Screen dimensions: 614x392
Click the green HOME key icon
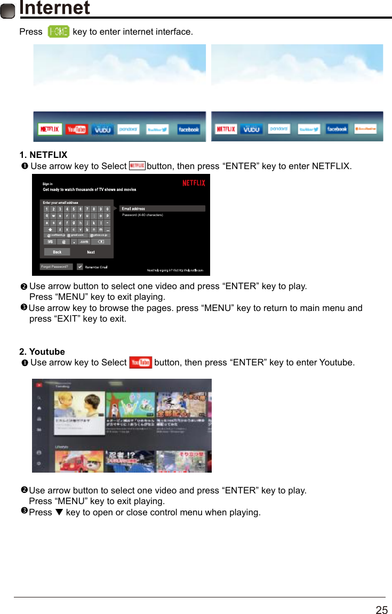pyautogui.click(x=58, y=32)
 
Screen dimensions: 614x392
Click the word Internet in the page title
pyautogui.click(x=54, y=9)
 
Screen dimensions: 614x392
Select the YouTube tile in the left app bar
pyautogui.click(x=76, y=130)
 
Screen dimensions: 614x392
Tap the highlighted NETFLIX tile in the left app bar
pyautogui.click(x=50, y=130)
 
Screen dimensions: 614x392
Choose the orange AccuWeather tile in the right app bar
pyautogui.click(x=367, y=129)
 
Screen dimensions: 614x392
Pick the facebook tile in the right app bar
pyautogui.click(x=337, y=129)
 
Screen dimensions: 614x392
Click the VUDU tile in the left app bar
pyautogui.click(x=102, y=130)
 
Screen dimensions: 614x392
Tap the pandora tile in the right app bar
pyautogui.click(x=278, y=129)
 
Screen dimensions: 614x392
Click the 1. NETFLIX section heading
pyautogui.click(x=43, y=155)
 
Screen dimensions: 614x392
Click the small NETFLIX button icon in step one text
pyautogui.click(x=137, y=166)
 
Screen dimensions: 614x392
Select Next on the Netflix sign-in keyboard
pyautogui.click(x=91, y=252)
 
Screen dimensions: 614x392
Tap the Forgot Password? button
pyautogui.click(x=56, y=267)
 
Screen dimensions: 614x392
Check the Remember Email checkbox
pyautogui.click(x=80, y=267)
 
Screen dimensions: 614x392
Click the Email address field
pyautogui.click(x=163, y=209)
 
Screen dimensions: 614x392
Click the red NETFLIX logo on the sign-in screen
pyautogui.click(x=194, y=183)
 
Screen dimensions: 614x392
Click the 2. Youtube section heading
pyautogui.click(x=42, y=352)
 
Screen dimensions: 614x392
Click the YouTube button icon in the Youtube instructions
pyautogui.click(x=140, y=363)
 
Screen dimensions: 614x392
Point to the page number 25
pyautogui.click(x=381, y=610)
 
